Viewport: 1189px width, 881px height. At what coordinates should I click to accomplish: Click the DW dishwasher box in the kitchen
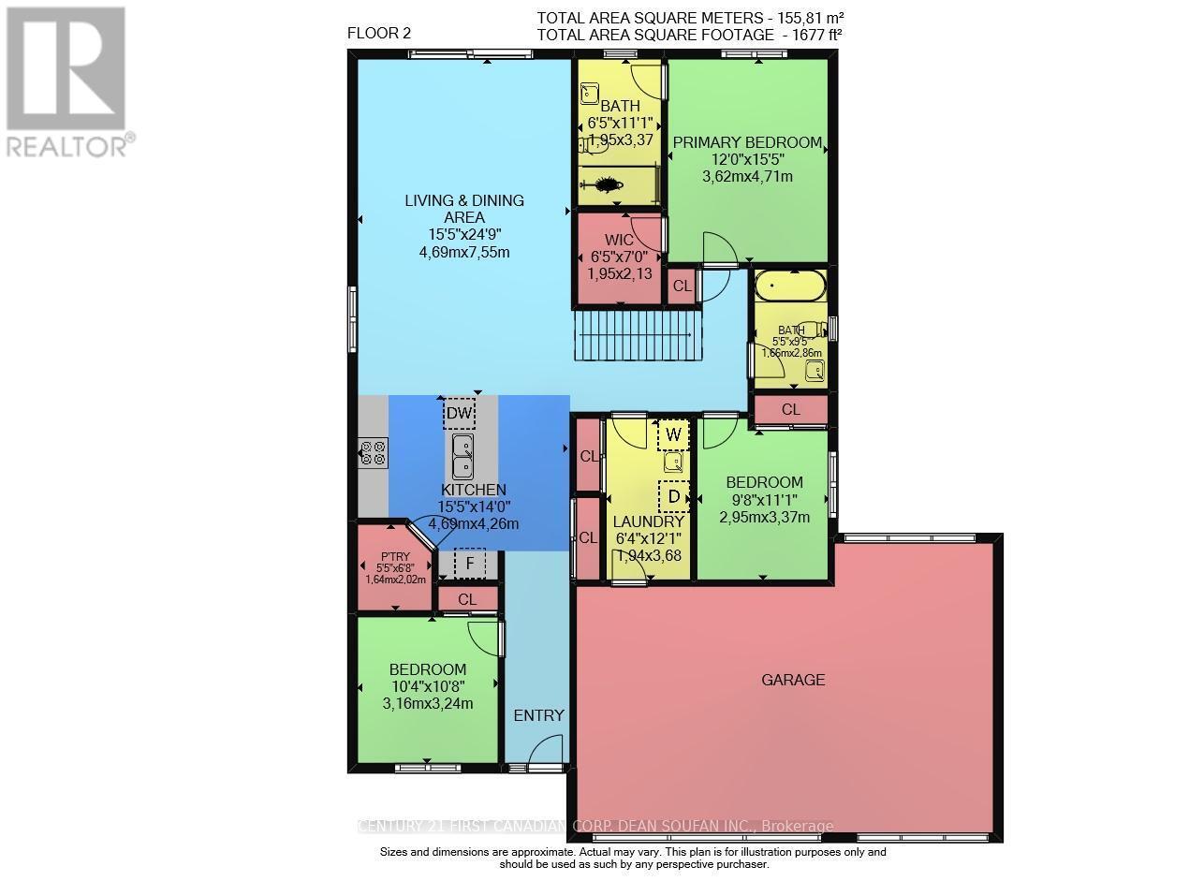(x=459, y=412)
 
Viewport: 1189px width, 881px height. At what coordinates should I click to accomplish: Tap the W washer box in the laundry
(x=673, y=434)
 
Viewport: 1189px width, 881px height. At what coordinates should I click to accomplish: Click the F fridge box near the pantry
(x=470, y=564)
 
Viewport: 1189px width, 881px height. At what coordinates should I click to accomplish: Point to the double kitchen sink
(x=462, y=457)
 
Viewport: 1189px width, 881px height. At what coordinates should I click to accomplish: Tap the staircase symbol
(x=638, y=335)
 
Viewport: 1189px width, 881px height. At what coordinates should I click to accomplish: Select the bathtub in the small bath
(x=790, y=286)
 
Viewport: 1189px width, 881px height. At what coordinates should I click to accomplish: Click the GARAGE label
(x=793, y=680)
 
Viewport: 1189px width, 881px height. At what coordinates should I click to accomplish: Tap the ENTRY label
(x=539, y=715)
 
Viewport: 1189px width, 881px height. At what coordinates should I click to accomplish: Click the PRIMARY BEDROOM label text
(x=747, y=143)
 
